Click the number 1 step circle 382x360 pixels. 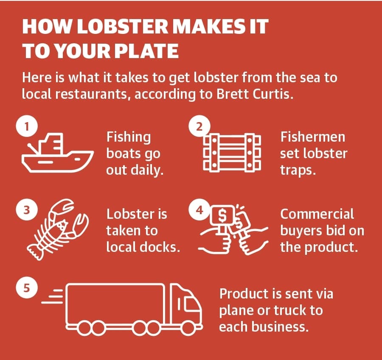click(x=27, y=126)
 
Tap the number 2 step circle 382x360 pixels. click(x=199, y=126)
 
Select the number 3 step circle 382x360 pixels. click(x=27, y=209)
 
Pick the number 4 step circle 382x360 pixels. click(x=199, y=209)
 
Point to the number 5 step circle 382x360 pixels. click(x=27, y=288)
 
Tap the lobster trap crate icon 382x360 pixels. click(x=232, y=153)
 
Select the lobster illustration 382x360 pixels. click(x=57, y=229)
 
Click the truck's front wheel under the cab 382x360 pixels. click(x=188, y=328)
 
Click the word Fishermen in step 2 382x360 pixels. click(x=312, y=137)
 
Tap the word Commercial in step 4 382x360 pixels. click(x=317, y=214)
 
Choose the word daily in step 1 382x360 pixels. click(x=147, y=170)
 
